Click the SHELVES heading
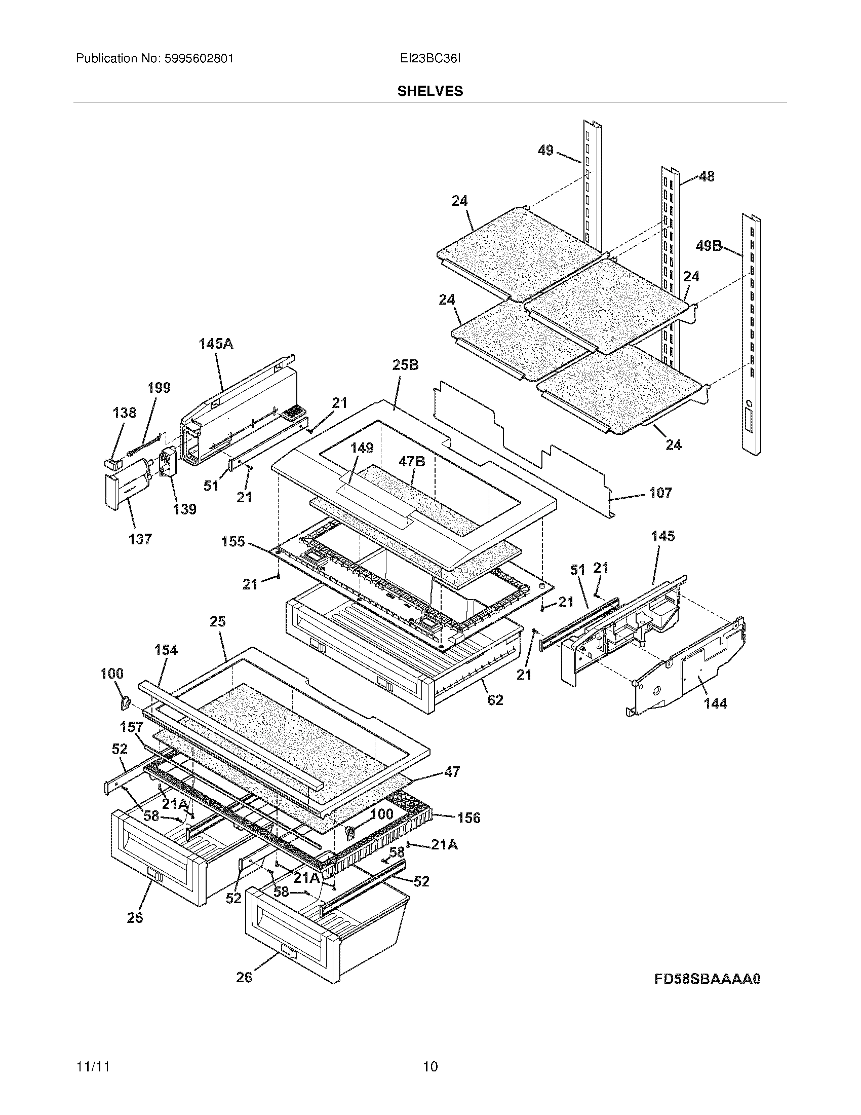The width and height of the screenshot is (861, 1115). (x=430, y=91)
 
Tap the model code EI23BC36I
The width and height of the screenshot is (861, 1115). (x=430, y=59)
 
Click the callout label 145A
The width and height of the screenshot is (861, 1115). (x=216, y=344)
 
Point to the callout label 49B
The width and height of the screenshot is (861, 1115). (x=709, y=247)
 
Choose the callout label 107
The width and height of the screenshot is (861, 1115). (x=660, y=493)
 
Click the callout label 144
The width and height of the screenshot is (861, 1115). (x=715, y=703)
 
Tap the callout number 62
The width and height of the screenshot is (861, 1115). (x=495, y=700)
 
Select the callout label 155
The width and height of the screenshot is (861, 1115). (x=233, y=541)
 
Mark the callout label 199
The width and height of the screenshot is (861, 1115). (x=159, y=388)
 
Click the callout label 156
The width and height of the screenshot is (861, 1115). (x=469, y=819)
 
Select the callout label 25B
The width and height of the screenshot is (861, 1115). (x=406, y=365)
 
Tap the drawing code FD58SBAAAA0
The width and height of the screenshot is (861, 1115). (x=708, y=979)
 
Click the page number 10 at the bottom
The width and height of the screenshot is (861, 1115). (x=430, y=1067)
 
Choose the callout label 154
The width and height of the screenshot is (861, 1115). (x=166, y=650)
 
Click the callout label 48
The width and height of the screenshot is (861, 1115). (x=706, y=177)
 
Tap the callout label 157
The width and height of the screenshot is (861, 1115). (x=131, y=726)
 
